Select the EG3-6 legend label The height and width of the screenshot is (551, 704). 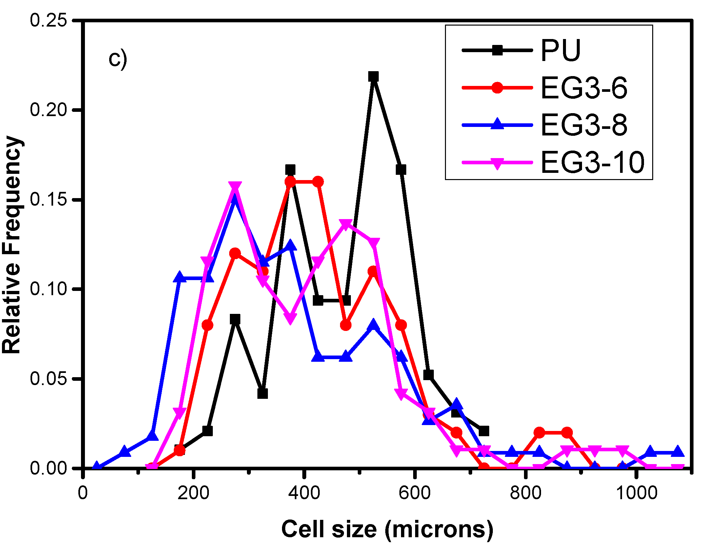584,88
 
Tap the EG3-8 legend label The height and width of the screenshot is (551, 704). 584,125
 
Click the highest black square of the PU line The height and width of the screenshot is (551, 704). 373,77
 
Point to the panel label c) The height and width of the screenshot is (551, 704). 118,59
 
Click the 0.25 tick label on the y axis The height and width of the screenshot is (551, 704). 48,20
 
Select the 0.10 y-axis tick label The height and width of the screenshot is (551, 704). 48,289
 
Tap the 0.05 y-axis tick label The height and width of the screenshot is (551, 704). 48,378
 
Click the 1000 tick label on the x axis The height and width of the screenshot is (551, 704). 636,493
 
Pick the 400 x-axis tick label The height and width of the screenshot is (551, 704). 304,493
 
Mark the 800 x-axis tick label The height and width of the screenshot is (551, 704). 525,493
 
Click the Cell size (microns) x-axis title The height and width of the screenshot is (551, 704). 387,529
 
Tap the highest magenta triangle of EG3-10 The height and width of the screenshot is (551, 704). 235,187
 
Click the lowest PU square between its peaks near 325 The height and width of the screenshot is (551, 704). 263,394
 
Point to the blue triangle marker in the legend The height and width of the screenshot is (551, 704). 497,124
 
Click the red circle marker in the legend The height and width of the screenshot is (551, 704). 497,88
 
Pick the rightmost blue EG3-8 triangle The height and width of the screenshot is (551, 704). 678,452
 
